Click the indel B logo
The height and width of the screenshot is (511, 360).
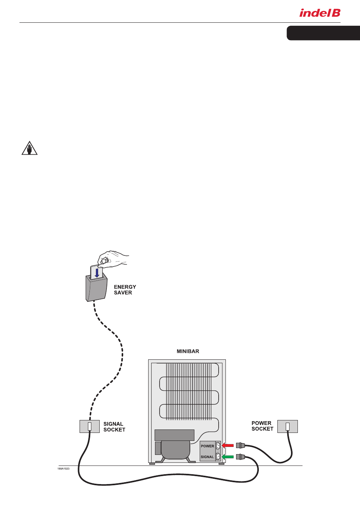pyautogui.click(x=320, y=13)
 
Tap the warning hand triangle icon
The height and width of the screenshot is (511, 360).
pyautogui.click(x=29, y=148)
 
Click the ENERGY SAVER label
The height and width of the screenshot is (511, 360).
pyautogui.click(x=125, y=290)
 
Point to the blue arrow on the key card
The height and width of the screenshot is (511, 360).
pyautogui.click(x=97, y=273)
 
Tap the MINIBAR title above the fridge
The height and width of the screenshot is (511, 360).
pyautogui.click(x=188, y=351)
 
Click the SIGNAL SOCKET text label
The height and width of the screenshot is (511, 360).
pyautogui.click(x=114, y=427)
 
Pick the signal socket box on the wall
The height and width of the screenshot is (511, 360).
pyautogui.click(x=89, y=426)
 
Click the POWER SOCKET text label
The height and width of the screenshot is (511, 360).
pyautogui.click(x=262, y=426)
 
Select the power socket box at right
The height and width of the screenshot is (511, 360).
pyautogui.click(x=287, y=426)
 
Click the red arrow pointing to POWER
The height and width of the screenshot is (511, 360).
pyautogui.click(x=228, y=445)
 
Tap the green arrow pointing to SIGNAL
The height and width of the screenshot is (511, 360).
pyautogui.click(x=228, y=456)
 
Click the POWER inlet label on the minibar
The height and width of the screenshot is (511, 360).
pyautogui.click(x=207, y=446)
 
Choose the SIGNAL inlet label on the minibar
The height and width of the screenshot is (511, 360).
pyautogui.click(x=207, y=457)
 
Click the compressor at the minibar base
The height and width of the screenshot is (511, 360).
pyautogui.click(x=175, y=450)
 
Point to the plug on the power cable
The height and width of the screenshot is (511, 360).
pyautogui.click(x=240, y=445)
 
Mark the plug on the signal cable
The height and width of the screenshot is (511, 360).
pyautogui.click(x=240, y=457)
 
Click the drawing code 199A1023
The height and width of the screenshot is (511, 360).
pyautogui.click(x=63, y=469)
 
